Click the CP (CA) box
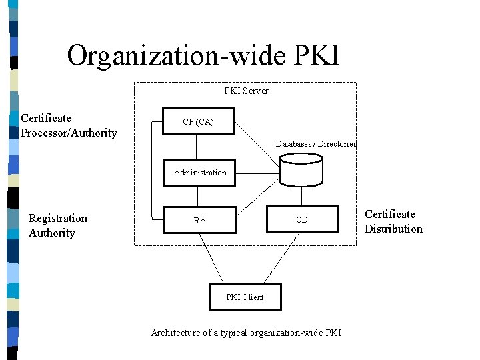click(199, 122)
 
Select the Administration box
click(200, 172)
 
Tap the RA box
click(199, 220)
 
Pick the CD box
click(302, 220)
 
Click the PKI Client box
click(245, 297)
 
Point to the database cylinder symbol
click(301, 169)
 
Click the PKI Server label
click(246, 91)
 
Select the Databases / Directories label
click(316, 144)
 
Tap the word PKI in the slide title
click(316, 55)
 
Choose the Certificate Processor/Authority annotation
click(68, 125)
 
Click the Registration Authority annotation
click(57, 225)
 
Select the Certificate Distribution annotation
click(393, 221)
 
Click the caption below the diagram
click(245, 333)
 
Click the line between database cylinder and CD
click(302, 196)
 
